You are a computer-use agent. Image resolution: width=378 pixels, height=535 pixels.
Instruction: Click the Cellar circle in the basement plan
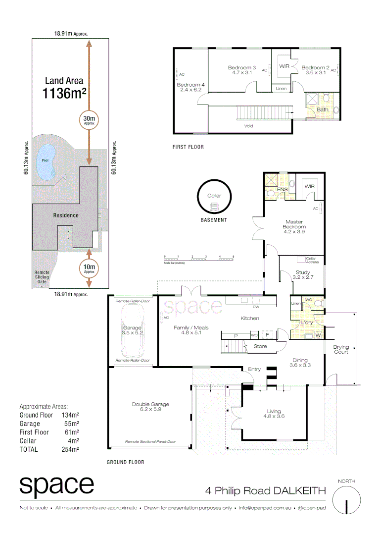(214, 197)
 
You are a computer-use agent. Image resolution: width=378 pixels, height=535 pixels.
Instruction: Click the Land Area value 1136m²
(64, 93)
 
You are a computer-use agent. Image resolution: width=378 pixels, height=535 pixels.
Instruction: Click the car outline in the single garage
(132, 330)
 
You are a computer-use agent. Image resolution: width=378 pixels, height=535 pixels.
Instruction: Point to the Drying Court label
(341, 349)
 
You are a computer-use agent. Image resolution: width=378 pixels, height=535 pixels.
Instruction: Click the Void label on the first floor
(249, 126)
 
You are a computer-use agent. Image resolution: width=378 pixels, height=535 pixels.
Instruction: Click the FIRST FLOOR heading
(188, 147)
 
